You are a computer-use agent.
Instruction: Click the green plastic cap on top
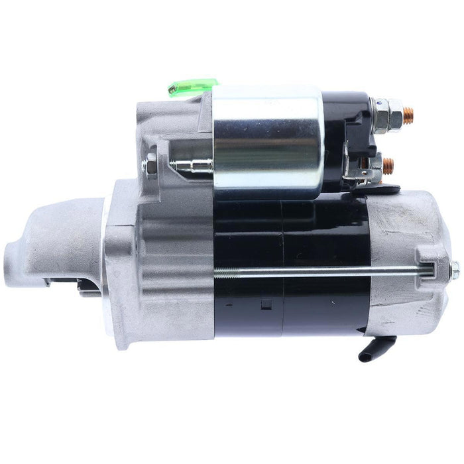(193, 87)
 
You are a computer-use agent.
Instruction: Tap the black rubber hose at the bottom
(375, 349)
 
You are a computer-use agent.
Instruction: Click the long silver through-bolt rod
(318, 270)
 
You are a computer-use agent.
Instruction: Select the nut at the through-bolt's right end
(454, 268)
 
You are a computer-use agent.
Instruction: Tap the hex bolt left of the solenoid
(151, 166)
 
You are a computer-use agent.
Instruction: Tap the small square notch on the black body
(266, 304)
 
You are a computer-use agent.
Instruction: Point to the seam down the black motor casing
(281, 265)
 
